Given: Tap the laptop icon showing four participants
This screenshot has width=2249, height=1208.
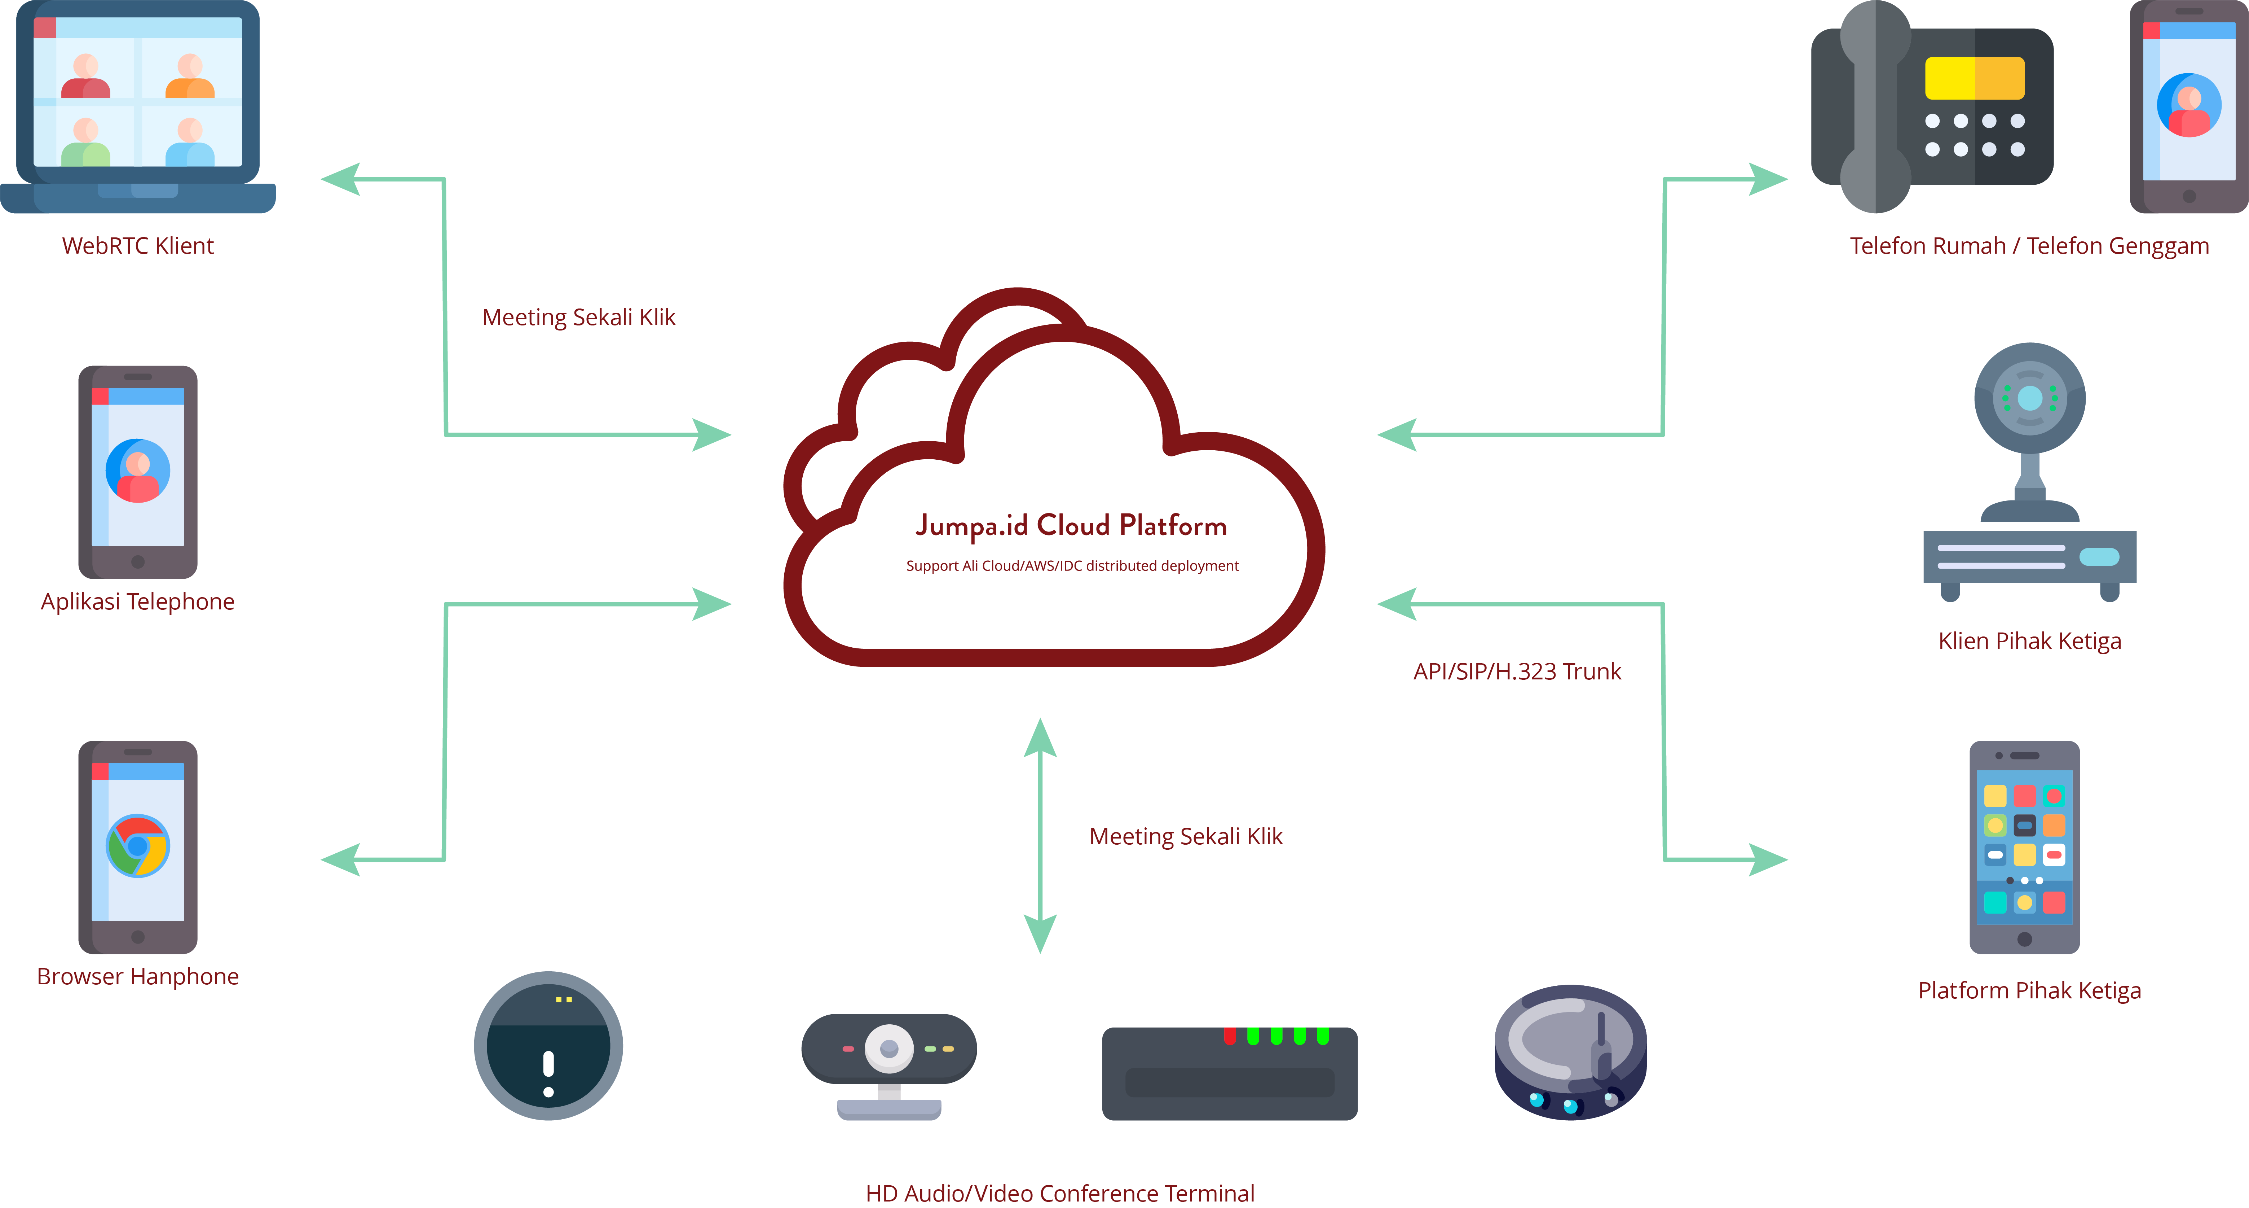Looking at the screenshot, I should [x=138, y=105].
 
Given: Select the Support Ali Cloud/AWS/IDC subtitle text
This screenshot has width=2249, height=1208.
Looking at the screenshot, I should [x=1072, y=566].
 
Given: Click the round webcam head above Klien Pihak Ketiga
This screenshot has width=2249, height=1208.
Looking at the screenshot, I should [x=2030, y=398].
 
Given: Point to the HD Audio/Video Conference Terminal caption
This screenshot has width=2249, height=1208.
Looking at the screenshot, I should [x=1060, y=1193].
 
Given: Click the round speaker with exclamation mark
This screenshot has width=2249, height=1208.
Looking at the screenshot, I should [x=548, y=1046].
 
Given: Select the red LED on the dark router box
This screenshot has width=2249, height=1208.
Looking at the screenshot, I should [x=1229, y=1036].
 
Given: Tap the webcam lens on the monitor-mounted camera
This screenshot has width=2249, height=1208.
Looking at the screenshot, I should [x=889, y=1048].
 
